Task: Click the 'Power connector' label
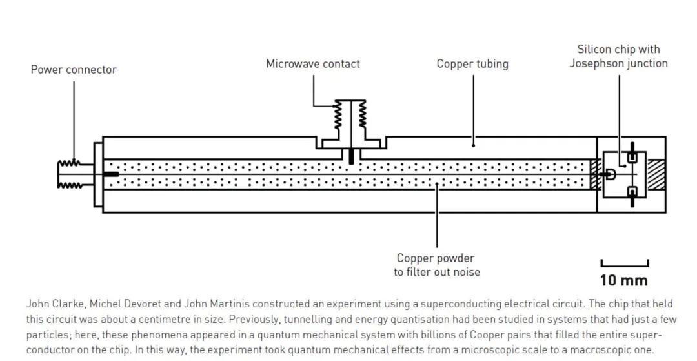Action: [x=74, y=69]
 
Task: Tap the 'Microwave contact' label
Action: [x=313, y=64]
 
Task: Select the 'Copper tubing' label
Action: [x=472, y=64]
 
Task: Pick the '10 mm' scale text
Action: [x=623, y=280]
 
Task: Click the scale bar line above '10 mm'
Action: [x=624, y=264]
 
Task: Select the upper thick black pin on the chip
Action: [x=632, y=154]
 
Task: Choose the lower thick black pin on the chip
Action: [x=632, y=194]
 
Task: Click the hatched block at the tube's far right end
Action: [x=656, y=174]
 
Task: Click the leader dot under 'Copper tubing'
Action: [x=473, y=146]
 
